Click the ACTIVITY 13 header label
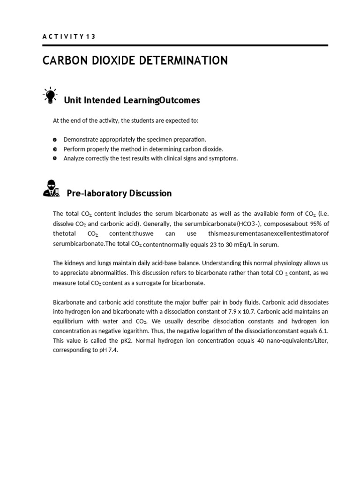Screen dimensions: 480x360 tap(68, 37)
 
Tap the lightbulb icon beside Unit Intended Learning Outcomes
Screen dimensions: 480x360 tap(49, 95)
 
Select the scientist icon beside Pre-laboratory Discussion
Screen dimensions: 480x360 tap(51, 188)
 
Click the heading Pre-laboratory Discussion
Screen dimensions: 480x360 tap(119, 193)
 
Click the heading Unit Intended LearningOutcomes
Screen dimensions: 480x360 tap(131, 100)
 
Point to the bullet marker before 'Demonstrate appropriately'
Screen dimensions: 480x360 tap(55, 140)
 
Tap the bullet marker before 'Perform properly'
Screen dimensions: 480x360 tap(55, 149)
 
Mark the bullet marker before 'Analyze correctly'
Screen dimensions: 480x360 tap(55, 158)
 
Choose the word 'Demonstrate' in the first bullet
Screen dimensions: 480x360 tap(82, 140)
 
